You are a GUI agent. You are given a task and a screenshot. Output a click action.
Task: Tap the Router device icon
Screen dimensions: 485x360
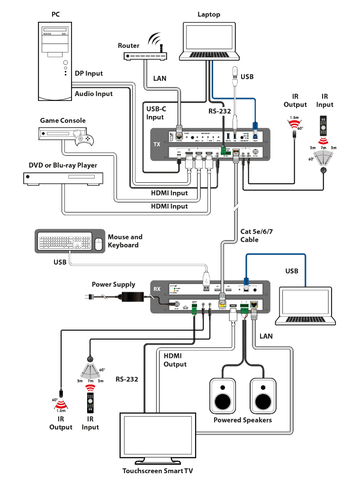[x=146, y=55]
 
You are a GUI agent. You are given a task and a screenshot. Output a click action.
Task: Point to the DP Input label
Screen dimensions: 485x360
[x=89, y=73]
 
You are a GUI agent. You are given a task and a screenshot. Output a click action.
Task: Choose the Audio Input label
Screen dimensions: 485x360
[x=94, y=94]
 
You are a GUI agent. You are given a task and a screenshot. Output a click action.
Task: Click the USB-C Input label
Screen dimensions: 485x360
[x=155, y=113]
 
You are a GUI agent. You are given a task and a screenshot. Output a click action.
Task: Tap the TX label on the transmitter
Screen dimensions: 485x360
[x=157, y=144]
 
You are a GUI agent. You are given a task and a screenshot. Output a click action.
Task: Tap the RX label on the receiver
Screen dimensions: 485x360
[x=157, y=288]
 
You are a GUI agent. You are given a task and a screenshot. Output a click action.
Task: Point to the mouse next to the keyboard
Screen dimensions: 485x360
[x=99, y=244]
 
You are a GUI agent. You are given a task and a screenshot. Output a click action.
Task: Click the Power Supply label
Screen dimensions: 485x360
[x=113, y=285]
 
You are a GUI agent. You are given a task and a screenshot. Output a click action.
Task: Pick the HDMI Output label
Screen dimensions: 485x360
[x=175, y=360]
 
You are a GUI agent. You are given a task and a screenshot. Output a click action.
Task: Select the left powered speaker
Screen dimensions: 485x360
[x=223, y=395]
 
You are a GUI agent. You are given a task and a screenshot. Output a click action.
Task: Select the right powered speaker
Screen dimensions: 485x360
[x=263, y=395]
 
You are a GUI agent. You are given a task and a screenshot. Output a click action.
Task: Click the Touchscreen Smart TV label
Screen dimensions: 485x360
[x=157, y=471]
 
